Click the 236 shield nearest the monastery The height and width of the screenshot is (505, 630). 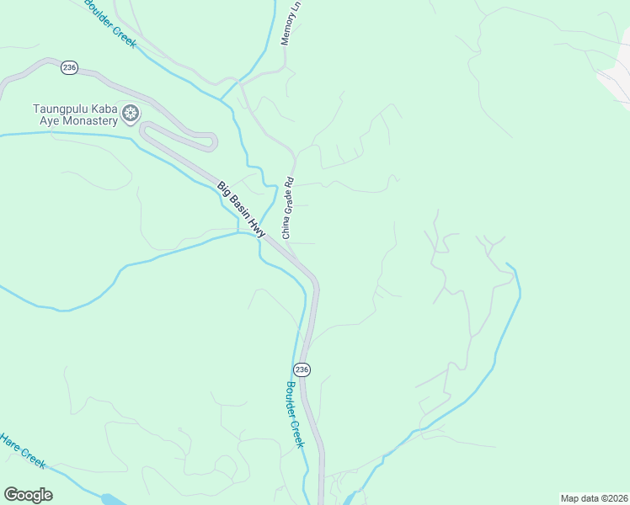69,67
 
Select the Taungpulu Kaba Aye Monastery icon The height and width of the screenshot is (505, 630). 131,114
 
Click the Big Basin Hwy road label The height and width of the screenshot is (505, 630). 242,210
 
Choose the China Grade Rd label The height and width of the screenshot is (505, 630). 287,207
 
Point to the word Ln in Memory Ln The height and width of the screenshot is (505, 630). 296,7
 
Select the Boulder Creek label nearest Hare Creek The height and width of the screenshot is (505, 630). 294,414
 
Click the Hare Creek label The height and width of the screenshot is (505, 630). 22,449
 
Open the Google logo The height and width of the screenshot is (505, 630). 28,495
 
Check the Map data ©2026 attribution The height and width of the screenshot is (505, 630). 594,498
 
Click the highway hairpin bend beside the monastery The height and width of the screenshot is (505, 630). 145,129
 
